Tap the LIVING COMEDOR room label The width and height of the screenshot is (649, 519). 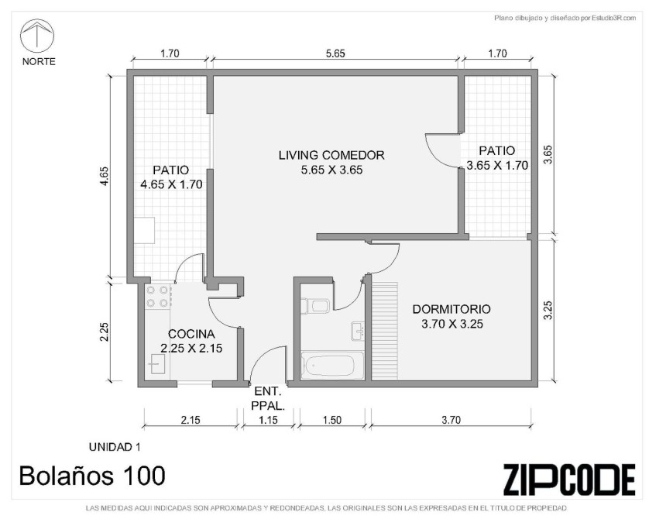pyautogui.click(x=331, y=155)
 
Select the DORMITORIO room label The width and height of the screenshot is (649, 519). pyautogui.click(x=452, y=309)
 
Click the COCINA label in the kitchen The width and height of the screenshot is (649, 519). pyautogui.click(x=191, y=334)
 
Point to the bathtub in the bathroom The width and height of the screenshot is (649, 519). pyautogui.click(x=332, y=365)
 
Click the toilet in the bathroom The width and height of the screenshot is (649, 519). pyautogui.click(x=314, y=306)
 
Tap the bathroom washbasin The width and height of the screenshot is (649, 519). pyautogui.click(x=358, y=331)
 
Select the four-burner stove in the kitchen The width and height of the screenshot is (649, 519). pyautogui.click(x=157, y=297)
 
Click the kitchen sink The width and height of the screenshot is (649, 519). pyautogui.click(x=157, y=364)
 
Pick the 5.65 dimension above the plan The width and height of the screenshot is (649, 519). pyautogui.click(x=335, y=53)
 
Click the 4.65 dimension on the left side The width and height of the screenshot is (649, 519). pyautogui.click(x=105, y=176)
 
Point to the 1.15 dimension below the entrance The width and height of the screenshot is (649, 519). pyautogui.click(x=268, y=420)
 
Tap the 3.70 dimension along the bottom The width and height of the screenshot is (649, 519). pyautogui.click(x=452, y=420)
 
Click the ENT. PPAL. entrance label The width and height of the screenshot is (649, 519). pyautogui.click(x=268, y=399)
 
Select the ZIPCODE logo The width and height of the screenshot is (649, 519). pyautogui.click(x=569, y=479)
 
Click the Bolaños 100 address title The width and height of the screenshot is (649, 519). pyautogui.click(x=92, y=476)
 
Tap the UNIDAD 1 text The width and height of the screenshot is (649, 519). pyautogui.click(x=115, y=447)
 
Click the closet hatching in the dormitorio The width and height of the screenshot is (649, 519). pyautogui.click(x=384, y=331)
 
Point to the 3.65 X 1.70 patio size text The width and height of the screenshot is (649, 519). pyautogui.click(x=497, y=166)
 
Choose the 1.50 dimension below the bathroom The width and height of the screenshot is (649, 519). pyautogui.click(x=332, y=420)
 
